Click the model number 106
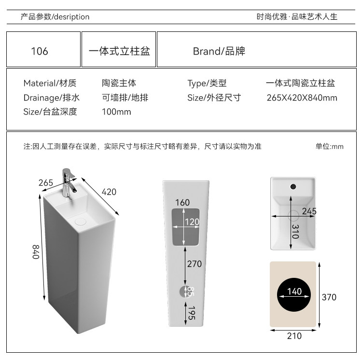[x=40, y=51]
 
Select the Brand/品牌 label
[x=219, y=51]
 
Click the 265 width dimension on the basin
[x=46, y=183]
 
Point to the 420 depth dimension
[x=109, y=191]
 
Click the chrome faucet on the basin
[x=68, y=181]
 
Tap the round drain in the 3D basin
[x=81, y=220]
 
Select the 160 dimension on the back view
[x=182, y=202]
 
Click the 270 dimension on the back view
[x=194, y=264]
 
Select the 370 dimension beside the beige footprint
[x=329, y=297]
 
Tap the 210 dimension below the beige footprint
[x=294, y=336]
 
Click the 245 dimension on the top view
[x=309, y=211]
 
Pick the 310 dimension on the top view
[x=294, y=232]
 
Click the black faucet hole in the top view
[x=292, y=186]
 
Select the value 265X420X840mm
[x=302, y=98]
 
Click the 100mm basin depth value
[x=116, y=112]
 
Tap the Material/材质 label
[x=50, y=84]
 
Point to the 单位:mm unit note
[x=329, y=146]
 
